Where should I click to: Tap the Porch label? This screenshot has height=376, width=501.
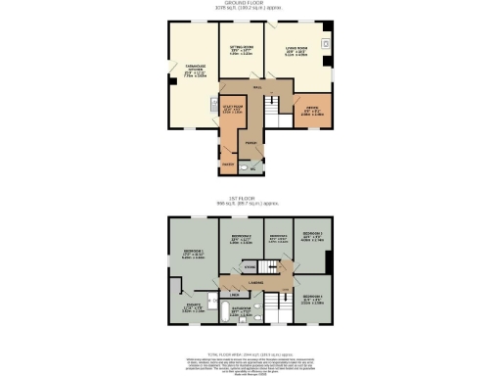(250, 143)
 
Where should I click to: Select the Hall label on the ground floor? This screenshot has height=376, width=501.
(257, 89)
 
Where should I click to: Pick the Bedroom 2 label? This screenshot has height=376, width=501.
(242, 240)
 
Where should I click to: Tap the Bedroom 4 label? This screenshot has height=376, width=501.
(312, 298)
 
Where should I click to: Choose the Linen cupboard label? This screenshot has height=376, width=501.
(235, 294)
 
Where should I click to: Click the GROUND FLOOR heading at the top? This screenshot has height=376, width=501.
(250, 4)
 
